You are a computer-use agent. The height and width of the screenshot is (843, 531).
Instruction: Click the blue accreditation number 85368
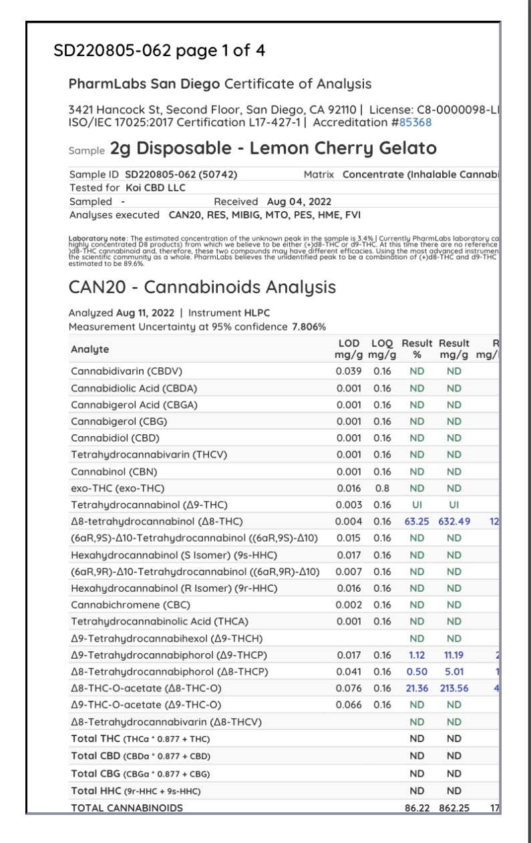click(414, 122)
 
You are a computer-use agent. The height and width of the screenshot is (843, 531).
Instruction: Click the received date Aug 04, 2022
click(299, 201)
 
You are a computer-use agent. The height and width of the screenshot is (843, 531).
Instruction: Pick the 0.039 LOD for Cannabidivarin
click(348, 370)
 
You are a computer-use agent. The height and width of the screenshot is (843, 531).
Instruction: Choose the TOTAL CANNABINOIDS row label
click(126, 808)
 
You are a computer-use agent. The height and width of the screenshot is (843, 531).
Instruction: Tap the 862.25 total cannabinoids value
click(455, 808)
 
